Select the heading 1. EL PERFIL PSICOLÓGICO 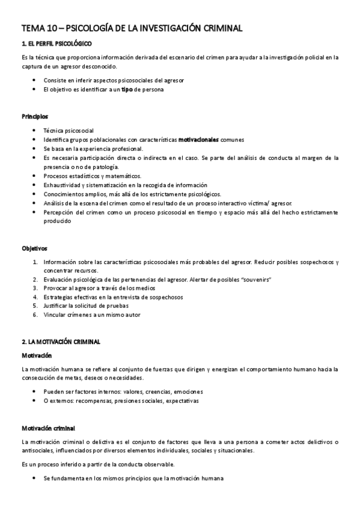(x=56, y=45)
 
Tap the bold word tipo (x=124, y=90)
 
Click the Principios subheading (x=35, y=116)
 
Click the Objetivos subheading (x=34, y=248)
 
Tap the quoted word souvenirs (x=254, y=280)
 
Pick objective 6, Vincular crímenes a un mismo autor (x=91, y=315)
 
